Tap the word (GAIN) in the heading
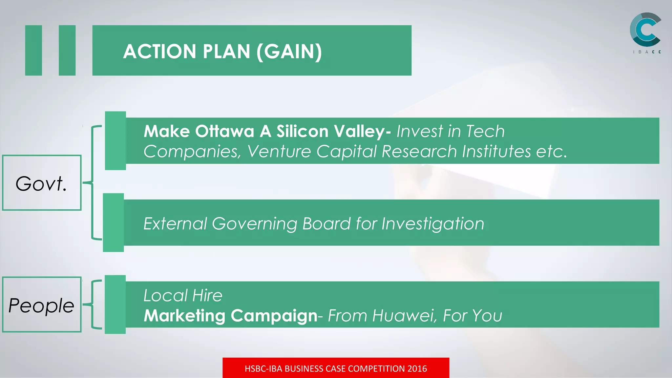click(289, 52)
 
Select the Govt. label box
click(42, 183)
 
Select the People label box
click(42, 305)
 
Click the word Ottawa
click(224, 131)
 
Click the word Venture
click(279, 152)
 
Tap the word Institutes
click(496, 152)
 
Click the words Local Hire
click(183, 295)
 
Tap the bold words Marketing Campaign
click(231, 316)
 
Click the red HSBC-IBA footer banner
click(336, 368)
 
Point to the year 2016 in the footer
click(417, 368)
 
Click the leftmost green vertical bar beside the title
click(33, 50)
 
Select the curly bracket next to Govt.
click(93, 182)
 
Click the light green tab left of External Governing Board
click(113, 222)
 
